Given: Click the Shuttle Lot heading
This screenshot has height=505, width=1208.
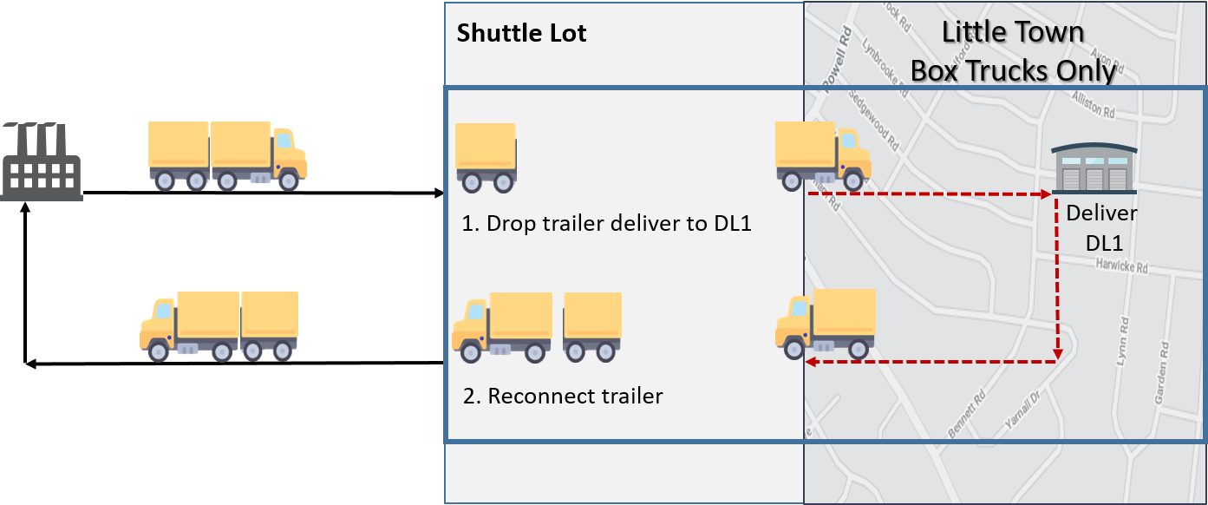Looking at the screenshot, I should coord(521,34).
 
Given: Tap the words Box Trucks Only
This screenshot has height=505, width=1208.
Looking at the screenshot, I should coord(1012,70).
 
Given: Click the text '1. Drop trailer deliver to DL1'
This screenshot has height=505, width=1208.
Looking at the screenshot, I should coord(606,223).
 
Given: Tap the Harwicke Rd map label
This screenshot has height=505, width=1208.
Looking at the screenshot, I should coord(1120,266).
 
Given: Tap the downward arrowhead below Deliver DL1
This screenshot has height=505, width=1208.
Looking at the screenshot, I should coord(1058,354).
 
